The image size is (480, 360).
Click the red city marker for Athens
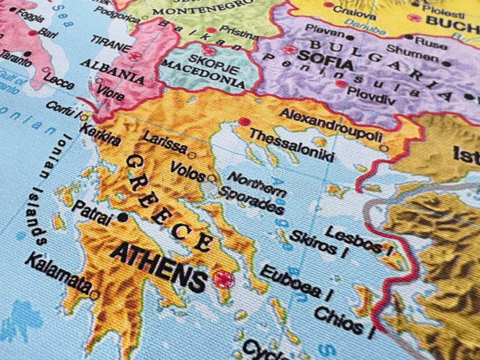pyautogui.click(x=224, y=279)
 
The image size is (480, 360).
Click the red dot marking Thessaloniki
pyautogui.click(x=244, y=122)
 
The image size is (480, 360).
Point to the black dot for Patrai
pyautogui.click(x=124, y=217)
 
